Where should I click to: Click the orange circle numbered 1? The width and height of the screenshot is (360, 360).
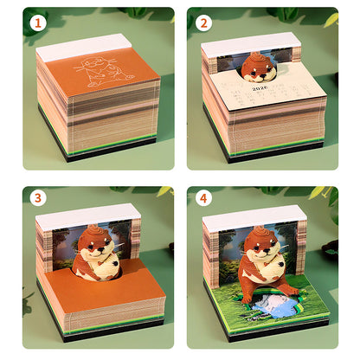coord(36,23)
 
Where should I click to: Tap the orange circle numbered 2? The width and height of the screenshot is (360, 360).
coord(204,23)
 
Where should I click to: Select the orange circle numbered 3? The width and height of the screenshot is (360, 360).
coord(36,198)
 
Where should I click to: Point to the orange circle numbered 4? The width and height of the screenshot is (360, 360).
coord(204,198)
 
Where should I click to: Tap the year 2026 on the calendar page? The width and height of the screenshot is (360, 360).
coord(260,87)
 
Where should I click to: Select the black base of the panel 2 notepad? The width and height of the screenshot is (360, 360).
coord(260,157)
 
